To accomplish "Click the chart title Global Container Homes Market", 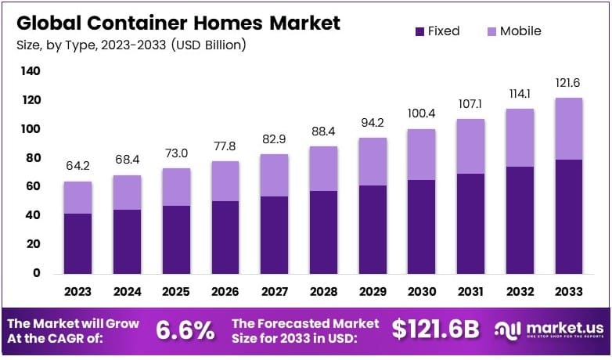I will click(x=177, y=23).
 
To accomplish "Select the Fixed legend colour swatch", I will click(x=419, y=31).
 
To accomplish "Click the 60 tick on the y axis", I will click(x=32, y=186).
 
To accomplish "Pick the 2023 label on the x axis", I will click(x=77, y=291).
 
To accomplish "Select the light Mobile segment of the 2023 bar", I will click(x=77, y=197).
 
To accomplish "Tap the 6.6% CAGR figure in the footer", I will click(x=185, y=330).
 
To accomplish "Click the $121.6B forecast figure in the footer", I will click(x=435, y=330).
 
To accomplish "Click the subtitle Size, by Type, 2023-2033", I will click(x=128, y=45).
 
